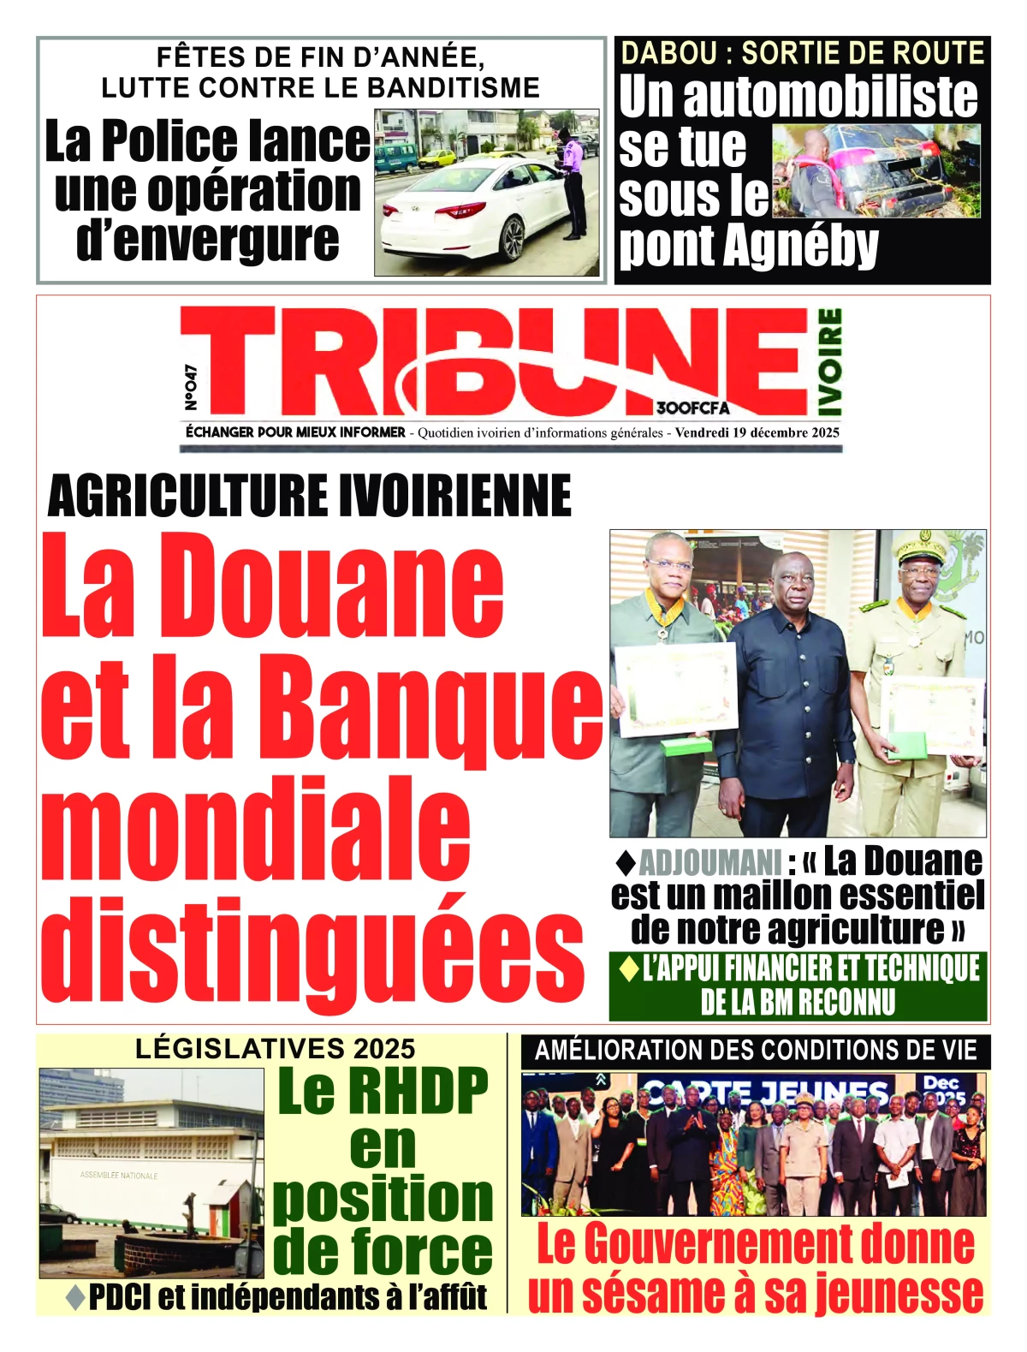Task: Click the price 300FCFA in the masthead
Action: pyautogui.click(x=693, y=408)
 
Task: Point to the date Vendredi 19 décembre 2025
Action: pyautogui.click(x=757, y=433)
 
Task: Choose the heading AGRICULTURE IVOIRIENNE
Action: pyautogui.click(x=310, y=495)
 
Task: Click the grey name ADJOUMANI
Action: pyautogui.click(x=710, y=862)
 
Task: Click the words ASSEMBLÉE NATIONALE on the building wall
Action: pyautogui.click(x=119, y=1176)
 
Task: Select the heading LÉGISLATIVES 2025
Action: pyautogui.click(x=276, y=1048)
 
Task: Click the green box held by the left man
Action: pyautogui.click(x=686, y=745)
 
